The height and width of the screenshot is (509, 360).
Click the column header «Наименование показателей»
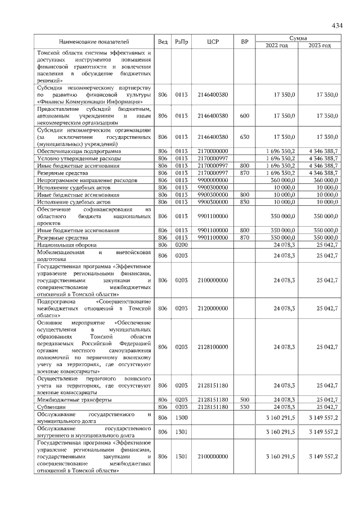tap(94, 42)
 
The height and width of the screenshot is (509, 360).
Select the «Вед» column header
tap(163, 42)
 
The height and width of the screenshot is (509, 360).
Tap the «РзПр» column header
tap(182, 42)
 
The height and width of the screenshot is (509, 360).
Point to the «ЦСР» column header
tap(213, 42)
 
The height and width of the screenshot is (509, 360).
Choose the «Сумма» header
tap(298, 38)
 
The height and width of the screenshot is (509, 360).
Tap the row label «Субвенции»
tap(51, 406)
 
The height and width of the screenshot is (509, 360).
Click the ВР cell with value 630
tap(244, 137)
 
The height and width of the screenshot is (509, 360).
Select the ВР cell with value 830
tap(244, 201)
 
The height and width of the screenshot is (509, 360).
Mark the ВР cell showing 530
tap(244, 406)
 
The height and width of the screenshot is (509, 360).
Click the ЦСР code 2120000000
tap(213, 308)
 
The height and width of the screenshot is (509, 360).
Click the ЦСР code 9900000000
tap(213, 180)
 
